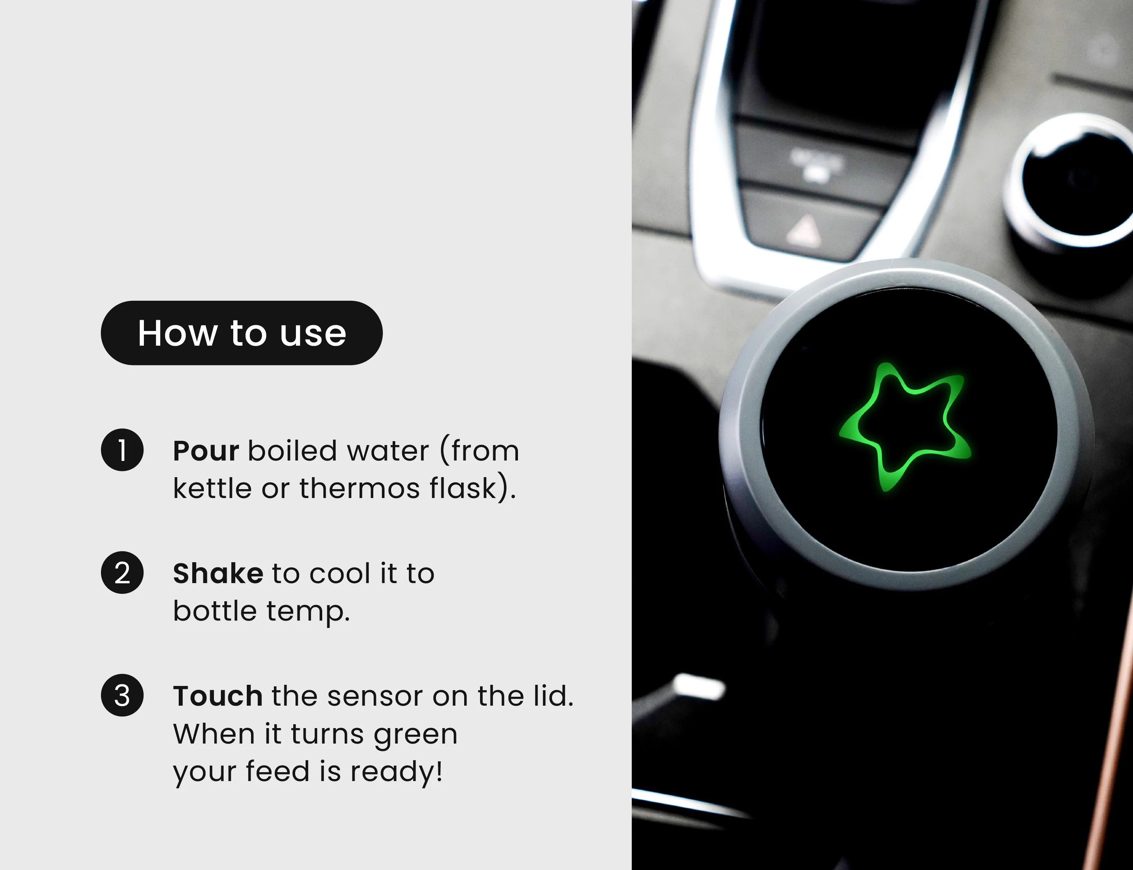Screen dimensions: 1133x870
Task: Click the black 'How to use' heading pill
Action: click(241, 333)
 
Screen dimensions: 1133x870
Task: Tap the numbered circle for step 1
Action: click(122, 450)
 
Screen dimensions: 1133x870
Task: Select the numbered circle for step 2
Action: click(122, 573)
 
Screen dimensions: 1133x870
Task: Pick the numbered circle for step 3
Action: click(122, 696)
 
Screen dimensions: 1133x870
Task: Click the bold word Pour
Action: click(206, 451)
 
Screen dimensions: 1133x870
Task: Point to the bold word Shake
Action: click(218, 573)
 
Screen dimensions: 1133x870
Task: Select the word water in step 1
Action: click(388, 452)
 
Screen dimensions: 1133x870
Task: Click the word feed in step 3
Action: click(277, 772)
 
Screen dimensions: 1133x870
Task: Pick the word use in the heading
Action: click(313, 334)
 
